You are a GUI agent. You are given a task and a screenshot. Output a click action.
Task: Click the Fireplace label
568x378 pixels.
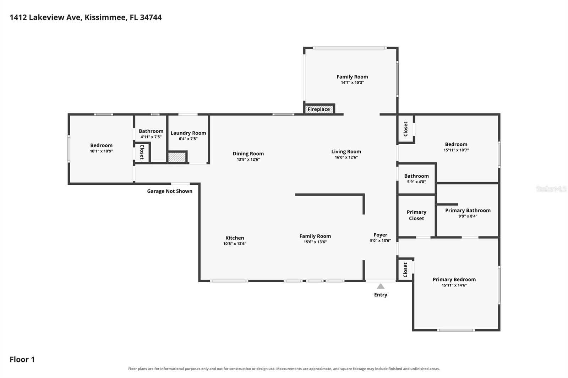pos(319,109)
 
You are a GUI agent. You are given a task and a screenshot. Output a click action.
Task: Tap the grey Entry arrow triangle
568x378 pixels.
pos(380,286)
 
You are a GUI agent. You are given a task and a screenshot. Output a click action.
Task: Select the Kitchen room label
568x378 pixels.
pos(235,238)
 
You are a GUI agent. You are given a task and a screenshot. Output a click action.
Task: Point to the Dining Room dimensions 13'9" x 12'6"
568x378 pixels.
pos(248,159)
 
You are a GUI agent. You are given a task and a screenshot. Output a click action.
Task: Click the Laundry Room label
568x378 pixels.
pos(188,133)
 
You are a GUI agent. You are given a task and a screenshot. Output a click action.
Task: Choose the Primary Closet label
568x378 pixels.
pos(416,215)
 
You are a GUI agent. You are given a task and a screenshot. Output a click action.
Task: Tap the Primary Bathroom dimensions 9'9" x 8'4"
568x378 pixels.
pos(468,216)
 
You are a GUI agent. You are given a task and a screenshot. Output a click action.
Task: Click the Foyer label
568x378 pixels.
pos(380,235)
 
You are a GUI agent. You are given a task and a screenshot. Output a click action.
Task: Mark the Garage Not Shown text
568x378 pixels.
pos(170,191)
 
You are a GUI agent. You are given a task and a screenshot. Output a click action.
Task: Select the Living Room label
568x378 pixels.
pos(346,151)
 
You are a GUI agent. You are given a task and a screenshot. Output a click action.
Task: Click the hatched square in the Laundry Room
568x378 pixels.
pos(177,157)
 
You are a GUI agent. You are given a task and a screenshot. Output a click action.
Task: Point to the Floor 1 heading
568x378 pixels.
pos(22,359)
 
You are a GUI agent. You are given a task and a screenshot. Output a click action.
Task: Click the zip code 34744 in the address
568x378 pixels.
pos(151,17)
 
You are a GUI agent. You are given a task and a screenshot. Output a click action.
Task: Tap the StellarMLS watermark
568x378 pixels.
pos(551,189)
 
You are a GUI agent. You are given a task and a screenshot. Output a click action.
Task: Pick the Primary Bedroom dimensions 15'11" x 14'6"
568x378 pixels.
pos(454,285)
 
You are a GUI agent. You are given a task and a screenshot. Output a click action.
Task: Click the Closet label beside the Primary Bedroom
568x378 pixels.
pos(405,270)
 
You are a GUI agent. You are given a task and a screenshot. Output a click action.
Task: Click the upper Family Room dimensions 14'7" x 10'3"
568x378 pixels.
pos(352,83)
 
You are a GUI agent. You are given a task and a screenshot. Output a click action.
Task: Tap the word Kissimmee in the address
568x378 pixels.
pos(105,17)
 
